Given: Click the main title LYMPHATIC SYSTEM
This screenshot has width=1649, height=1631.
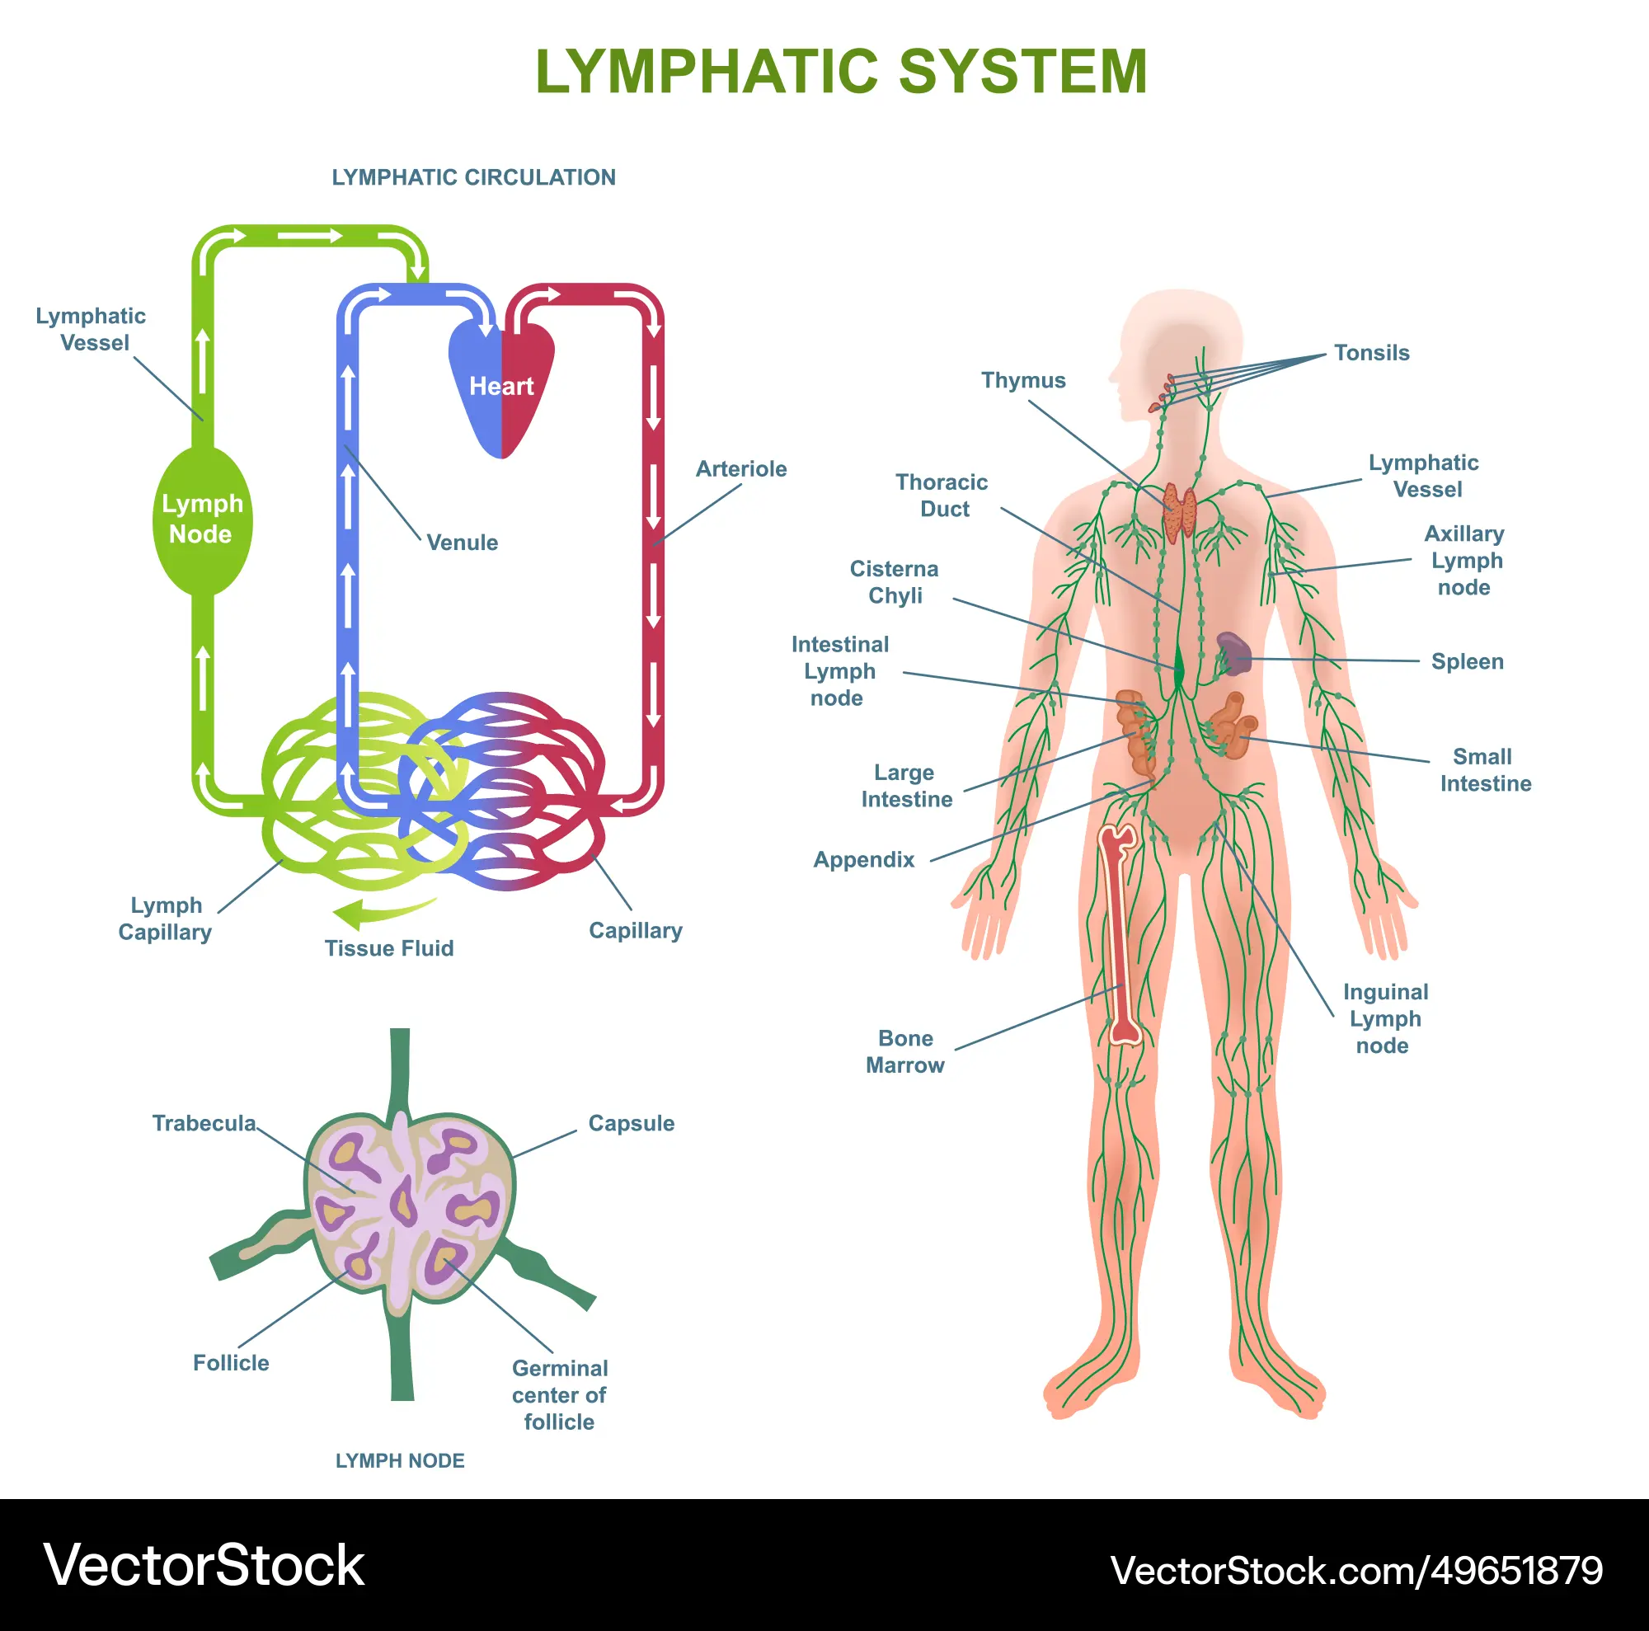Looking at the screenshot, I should point(841,72).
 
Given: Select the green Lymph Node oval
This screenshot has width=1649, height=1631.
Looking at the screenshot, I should point(202,519).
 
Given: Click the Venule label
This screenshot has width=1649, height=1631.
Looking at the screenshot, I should point(462,543).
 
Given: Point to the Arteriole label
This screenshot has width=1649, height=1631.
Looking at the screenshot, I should point(741,468).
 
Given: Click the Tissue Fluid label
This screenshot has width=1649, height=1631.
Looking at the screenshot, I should point(389,948).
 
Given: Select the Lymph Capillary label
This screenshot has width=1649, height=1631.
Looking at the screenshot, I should point(166,919).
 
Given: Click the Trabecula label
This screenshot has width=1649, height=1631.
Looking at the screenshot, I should point(204,1123).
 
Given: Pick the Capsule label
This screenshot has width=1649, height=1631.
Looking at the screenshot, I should point(632,1123).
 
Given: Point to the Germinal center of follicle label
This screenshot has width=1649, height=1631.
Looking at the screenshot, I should point(560,1394).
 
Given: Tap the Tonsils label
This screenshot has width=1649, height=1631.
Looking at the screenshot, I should point(1372,352).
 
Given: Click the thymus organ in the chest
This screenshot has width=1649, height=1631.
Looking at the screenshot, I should point(1180,512).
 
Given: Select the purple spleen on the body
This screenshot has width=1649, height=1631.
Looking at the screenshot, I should point(1234,654).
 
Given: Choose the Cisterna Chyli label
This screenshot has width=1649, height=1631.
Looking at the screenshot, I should point(895,582).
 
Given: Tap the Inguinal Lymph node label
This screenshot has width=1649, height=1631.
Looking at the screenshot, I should point(1385,1018).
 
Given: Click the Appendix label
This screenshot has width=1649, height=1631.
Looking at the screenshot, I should point(864,859).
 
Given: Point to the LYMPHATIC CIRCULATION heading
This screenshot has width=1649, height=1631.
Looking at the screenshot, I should point(474,177).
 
